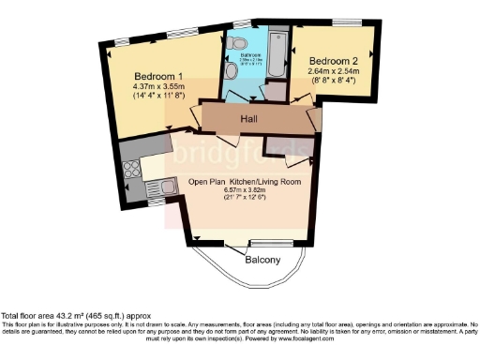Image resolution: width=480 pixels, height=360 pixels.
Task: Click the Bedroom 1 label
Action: point(157,76)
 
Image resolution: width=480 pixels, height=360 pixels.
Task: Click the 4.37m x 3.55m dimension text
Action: point(157,87)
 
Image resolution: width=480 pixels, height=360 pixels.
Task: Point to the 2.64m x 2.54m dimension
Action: point(335,70)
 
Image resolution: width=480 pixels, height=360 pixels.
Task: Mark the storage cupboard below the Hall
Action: point(280,143)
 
